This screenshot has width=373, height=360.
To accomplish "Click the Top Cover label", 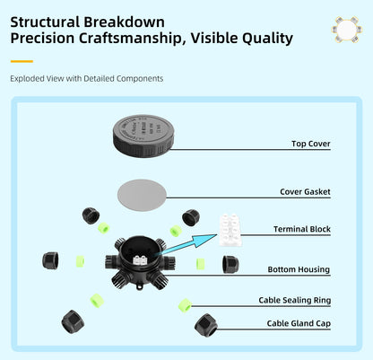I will (x=310, y=144).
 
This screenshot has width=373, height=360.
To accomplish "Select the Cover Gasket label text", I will (x=304, y=192).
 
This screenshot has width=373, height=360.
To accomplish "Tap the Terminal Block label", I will (x=301, y=230).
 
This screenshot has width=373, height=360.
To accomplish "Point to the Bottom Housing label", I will (x=299, y=269).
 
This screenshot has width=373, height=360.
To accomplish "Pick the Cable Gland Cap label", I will (x=298, y=322).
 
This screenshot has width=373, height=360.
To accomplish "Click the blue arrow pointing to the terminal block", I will (x=188, y=243).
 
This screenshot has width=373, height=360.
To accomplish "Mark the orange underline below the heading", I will (x=22, y=62).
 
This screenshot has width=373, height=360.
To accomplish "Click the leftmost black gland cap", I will (x=52, y=261).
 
